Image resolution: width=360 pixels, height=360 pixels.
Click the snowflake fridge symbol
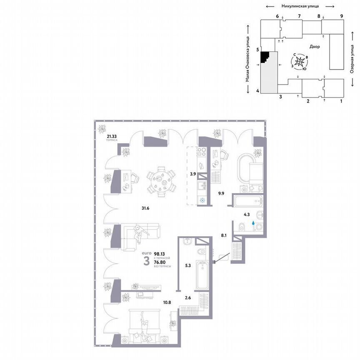pyautogui.click(x=203, y=200)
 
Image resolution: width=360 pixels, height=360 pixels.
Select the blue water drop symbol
pyautogui.click(x=253, y=223)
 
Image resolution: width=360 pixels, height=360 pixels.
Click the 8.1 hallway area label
pyautogui.click(x=224, y=235)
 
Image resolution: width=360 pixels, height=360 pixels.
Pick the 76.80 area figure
pyautogui.click(x=160, y=262)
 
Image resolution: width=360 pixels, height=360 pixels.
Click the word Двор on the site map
pyautogui.click(x=315, y=47)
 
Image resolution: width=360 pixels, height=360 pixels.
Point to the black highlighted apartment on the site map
pyautogui.click(x=265, y=57)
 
